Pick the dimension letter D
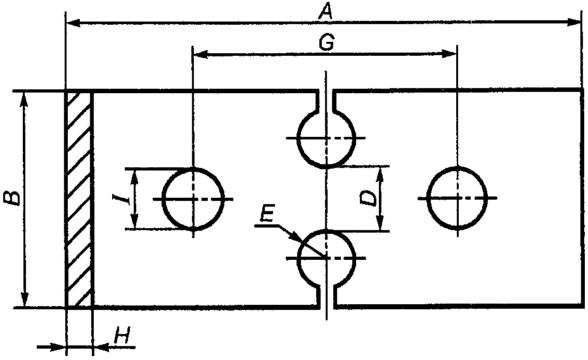[369, 198]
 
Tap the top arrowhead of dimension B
[24, 99]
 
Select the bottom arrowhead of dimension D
[381, 223]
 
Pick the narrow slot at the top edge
[326, 101]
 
